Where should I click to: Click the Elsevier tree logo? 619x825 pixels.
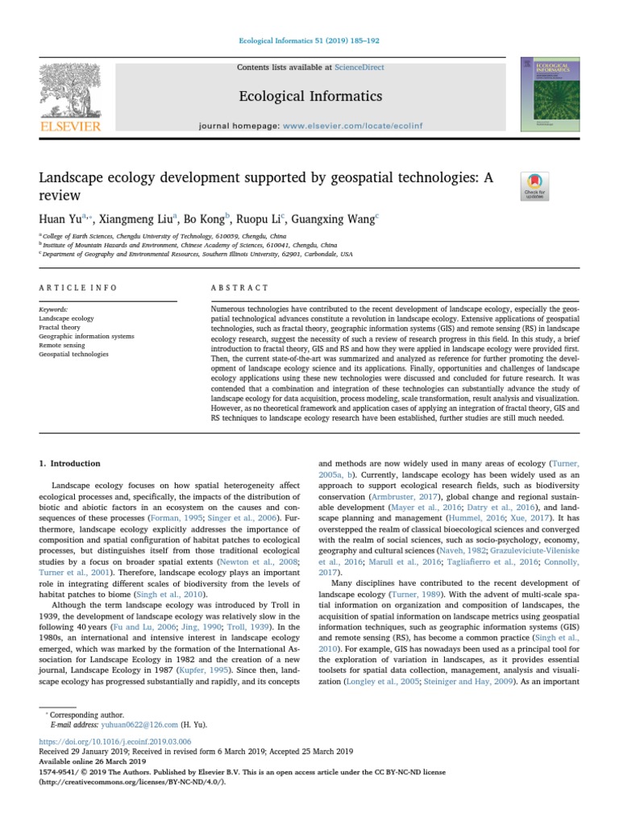click(x=71, y=92)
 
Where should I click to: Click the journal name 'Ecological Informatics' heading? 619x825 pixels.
click(x=309, y=97)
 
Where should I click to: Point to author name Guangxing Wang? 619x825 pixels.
click(x=336, y=218)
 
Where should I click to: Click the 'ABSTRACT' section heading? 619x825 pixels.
click(x=239, y=288)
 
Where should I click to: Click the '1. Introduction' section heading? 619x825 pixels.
click(x=70, y=463)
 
